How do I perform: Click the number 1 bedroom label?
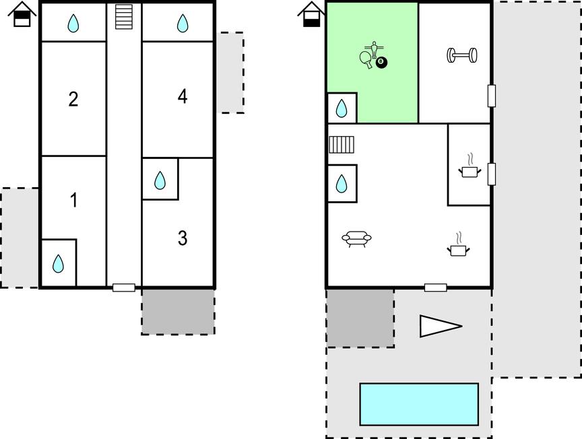point(74,200)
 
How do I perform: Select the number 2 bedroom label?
point(73,99)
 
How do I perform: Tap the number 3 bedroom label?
point(183,238)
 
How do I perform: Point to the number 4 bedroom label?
point(183,96)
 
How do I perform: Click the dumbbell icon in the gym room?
point(461,55)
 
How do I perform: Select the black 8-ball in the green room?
point(381,63)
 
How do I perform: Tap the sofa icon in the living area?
point(356,238)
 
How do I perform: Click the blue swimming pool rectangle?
point(419,404)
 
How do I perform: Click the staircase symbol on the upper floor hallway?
point(124,17)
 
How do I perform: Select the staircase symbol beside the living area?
point(342,145)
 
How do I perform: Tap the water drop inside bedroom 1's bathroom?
point(59,263)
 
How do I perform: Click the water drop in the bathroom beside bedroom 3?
point(160,180)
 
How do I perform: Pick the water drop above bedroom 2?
point(73,23)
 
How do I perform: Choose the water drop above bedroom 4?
point(183,23)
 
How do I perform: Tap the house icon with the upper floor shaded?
point(22,14)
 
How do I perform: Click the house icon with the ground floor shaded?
point(311,14)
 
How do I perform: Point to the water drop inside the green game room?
point(341,108)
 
